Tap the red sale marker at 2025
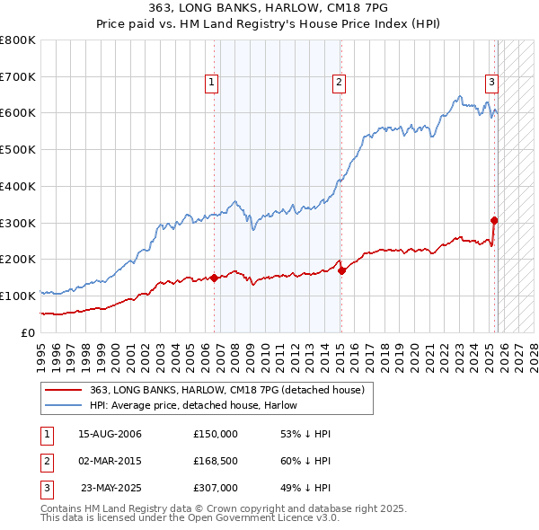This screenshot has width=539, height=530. click(x=494, y=220)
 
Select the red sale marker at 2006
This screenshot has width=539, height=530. click(x=214, y=278)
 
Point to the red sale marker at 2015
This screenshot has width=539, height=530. click(x=341, y=270)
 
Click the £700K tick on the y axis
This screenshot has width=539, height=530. click(x=18, y=77)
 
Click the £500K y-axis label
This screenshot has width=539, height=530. click(x=18, y=150)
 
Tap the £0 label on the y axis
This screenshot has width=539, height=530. click(x=27, y=332)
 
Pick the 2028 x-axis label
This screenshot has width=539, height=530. click(x=534, y=352)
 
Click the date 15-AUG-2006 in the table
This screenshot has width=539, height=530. click(x=110, y=434)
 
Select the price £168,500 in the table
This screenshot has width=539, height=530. click(x=216, y=462)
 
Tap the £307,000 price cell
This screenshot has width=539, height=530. click(x=216, y=489)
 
